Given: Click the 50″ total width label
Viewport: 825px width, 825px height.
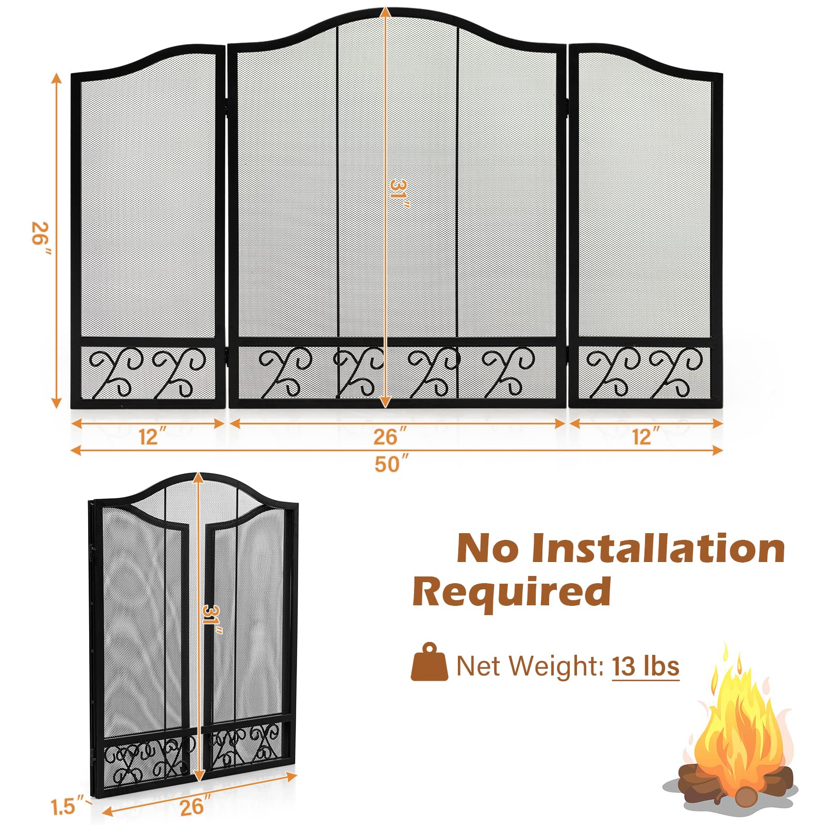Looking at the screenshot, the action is tap(391, 464).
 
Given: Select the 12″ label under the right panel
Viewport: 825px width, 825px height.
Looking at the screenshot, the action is tap(646, 437).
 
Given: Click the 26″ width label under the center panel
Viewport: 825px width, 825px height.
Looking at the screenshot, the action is tap(390, 437).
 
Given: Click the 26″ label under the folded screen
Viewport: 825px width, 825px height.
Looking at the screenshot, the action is tap(194, 806).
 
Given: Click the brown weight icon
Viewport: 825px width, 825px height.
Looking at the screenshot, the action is tap(429, 662).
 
